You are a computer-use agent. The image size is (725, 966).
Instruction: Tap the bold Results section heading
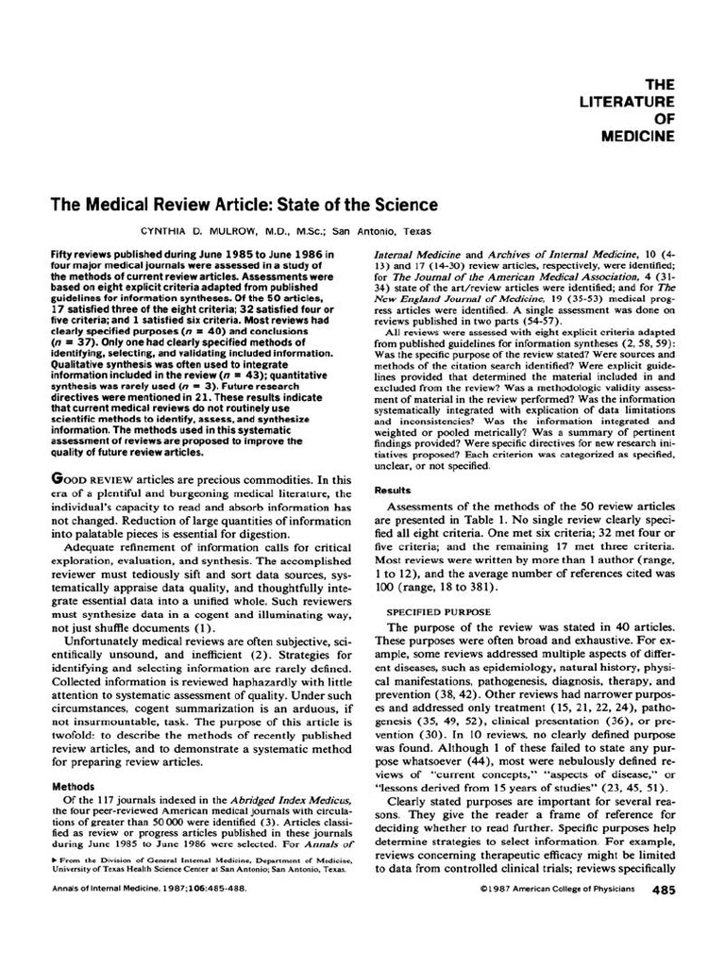tap(393, 491)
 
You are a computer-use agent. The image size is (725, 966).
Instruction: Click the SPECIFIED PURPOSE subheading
tap(439, 611)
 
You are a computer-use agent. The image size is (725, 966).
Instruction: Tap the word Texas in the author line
tap(414, 229)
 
